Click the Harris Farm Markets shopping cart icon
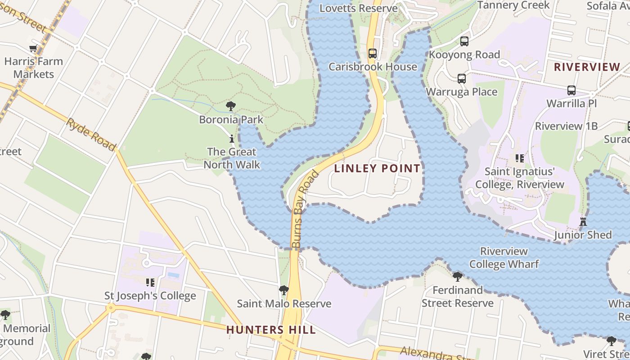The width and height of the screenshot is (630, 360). click(33, 49)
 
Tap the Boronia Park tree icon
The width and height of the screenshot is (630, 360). click(231, 107)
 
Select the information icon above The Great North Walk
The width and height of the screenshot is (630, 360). click(232, 139)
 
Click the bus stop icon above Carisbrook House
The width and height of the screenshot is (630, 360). click(373, 54)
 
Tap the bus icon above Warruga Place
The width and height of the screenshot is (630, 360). click(462, 79)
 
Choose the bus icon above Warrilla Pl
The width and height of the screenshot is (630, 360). click(571, 90)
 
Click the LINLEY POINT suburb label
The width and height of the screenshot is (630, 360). click(378, 169)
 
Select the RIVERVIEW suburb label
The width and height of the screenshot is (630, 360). click(587, 67)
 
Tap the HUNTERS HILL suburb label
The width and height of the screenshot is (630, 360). click(271, 330)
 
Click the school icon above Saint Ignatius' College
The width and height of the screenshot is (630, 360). click(520, 158)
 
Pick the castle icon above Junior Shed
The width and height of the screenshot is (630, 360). click(583, 221)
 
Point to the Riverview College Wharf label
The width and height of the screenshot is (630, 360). click(504, 257)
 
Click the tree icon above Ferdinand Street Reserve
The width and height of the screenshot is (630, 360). click(458, 276)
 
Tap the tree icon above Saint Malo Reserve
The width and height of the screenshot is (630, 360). click(283, 290)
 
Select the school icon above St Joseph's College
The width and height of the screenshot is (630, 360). click(150, 283)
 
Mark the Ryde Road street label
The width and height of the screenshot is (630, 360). click(91, 134)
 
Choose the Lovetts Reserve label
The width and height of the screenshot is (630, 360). click(359, 8)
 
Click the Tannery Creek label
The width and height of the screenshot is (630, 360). click(513, 5)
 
